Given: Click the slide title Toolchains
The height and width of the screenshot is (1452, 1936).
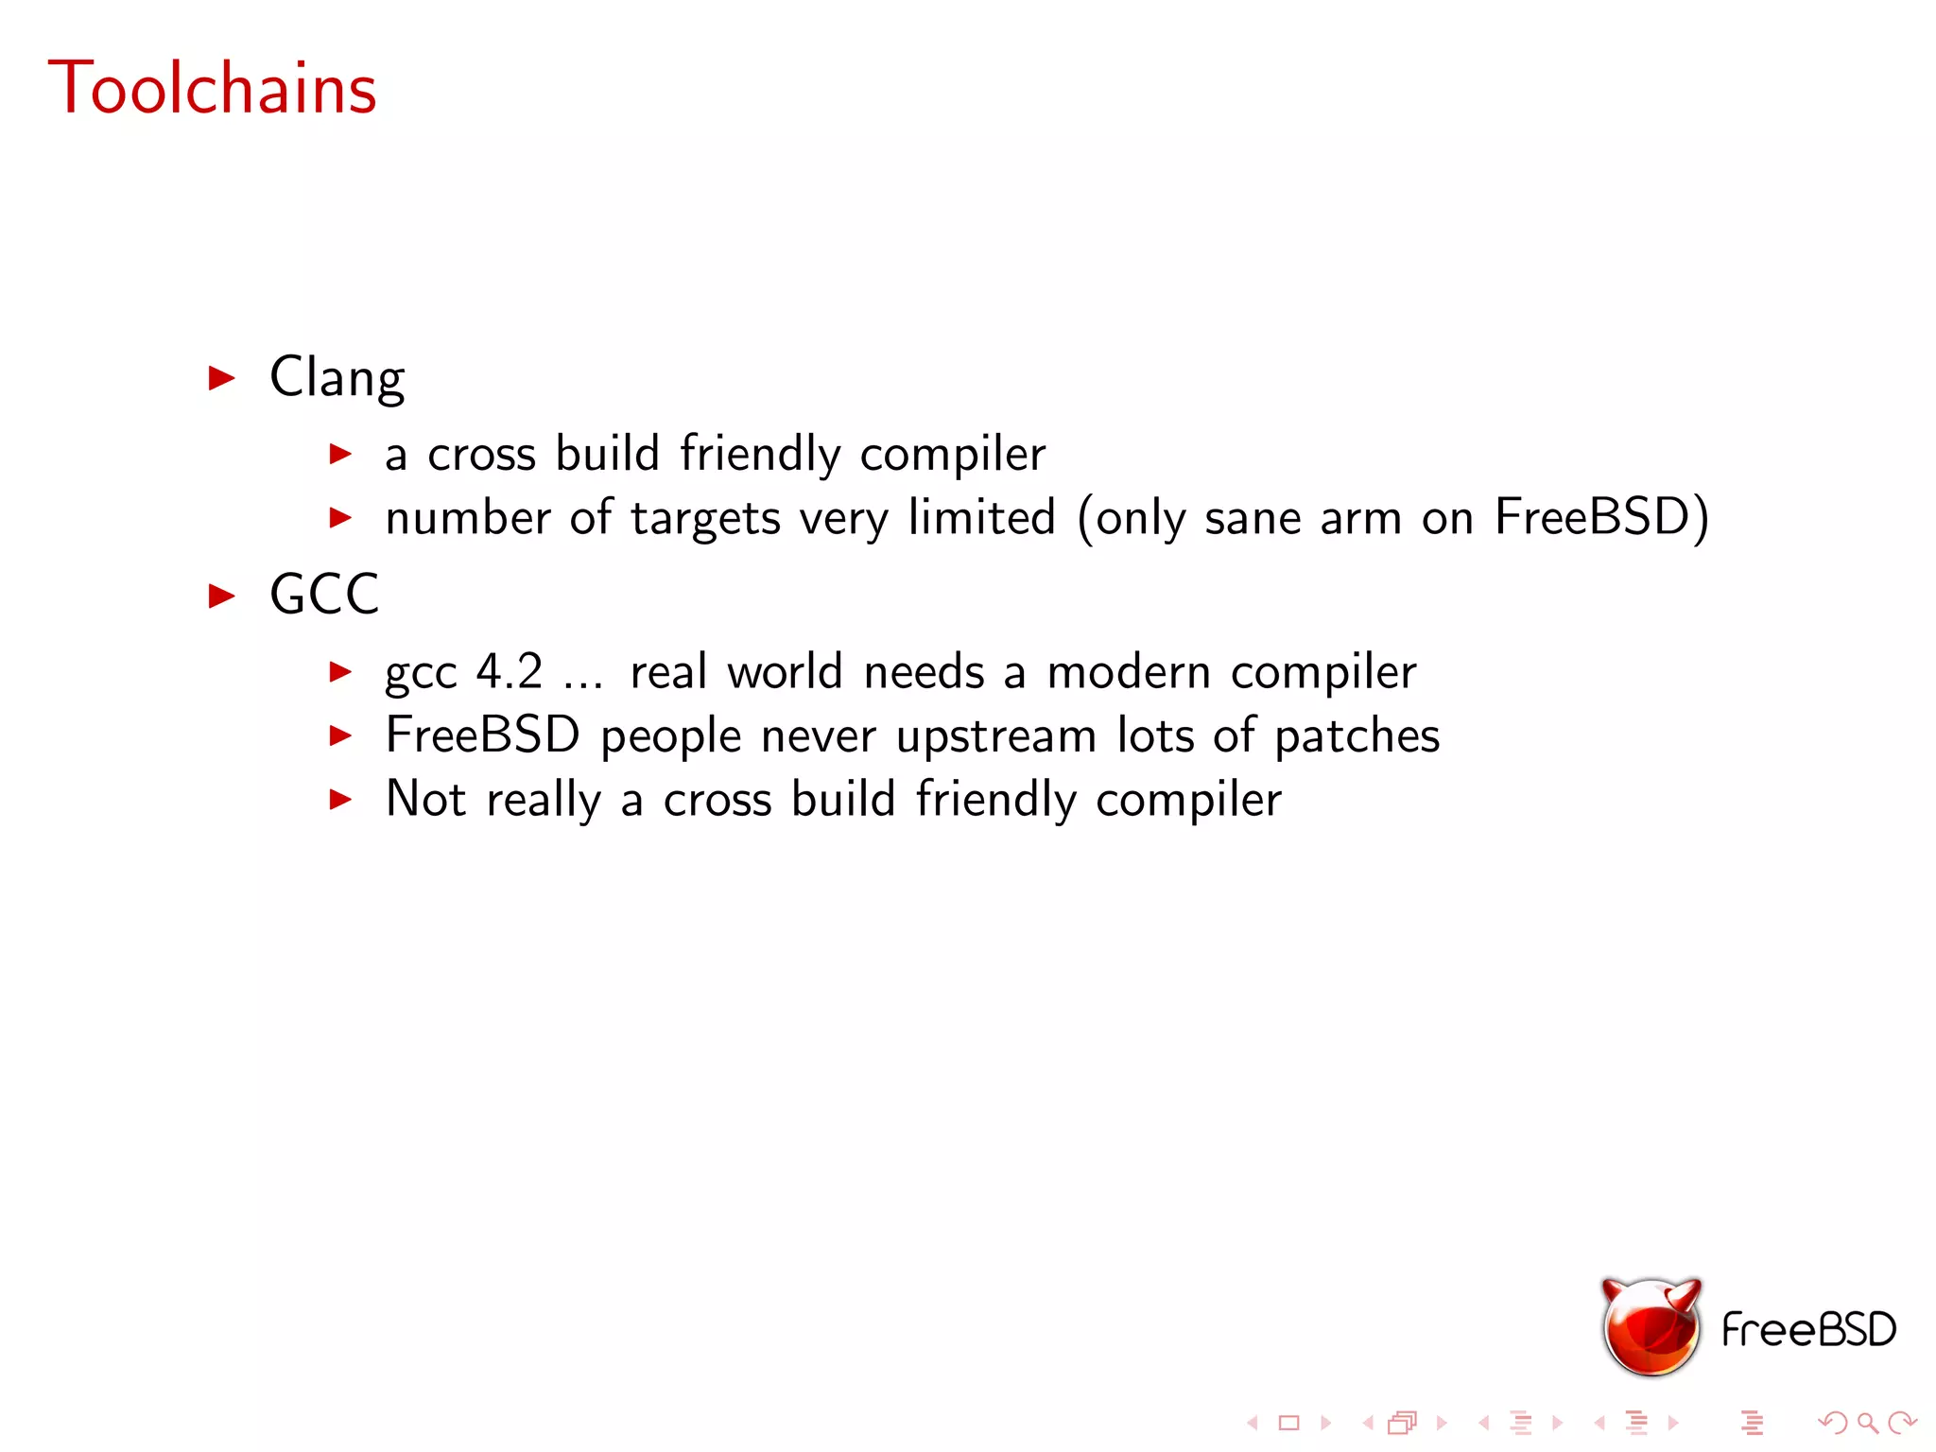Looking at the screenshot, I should [x=213, y=88].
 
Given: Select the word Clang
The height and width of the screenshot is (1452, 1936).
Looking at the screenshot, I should [x=337, y=378].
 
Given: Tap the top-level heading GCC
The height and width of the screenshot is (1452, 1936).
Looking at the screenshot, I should [x=324, y=595].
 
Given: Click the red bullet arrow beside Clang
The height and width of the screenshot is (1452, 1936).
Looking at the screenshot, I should [x=221, y=378].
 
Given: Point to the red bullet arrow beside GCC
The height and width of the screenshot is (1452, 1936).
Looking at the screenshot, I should [x=221, y=596].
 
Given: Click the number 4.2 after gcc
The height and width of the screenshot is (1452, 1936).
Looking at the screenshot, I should [x=510, y=672].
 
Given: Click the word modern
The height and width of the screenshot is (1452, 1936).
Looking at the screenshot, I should [x=1129, y=672].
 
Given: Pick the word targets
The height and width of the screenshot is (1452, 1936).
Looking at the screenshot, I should [x=706, y=519].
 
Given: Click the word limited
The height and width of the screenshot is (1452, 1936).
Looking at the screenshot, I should [x=981, y=517].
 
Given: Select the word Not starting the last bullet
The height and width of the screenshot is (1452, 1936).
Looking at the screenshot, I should [x=425, y=799].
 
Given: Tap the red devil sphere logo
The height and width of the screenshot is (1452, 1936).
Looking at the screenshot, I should [x=1651, y=1326].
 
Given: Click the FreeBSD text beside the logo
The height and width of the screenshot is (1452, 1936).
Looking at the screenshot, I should [x=1808, y=1330].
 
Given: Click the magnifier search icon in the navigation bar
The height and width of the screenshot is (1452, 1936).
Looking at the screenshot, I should [x=1867, y=1423].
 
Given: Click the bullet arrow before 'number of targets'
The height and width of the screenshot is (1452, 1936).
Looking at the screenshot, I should [x=340, y=518].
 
